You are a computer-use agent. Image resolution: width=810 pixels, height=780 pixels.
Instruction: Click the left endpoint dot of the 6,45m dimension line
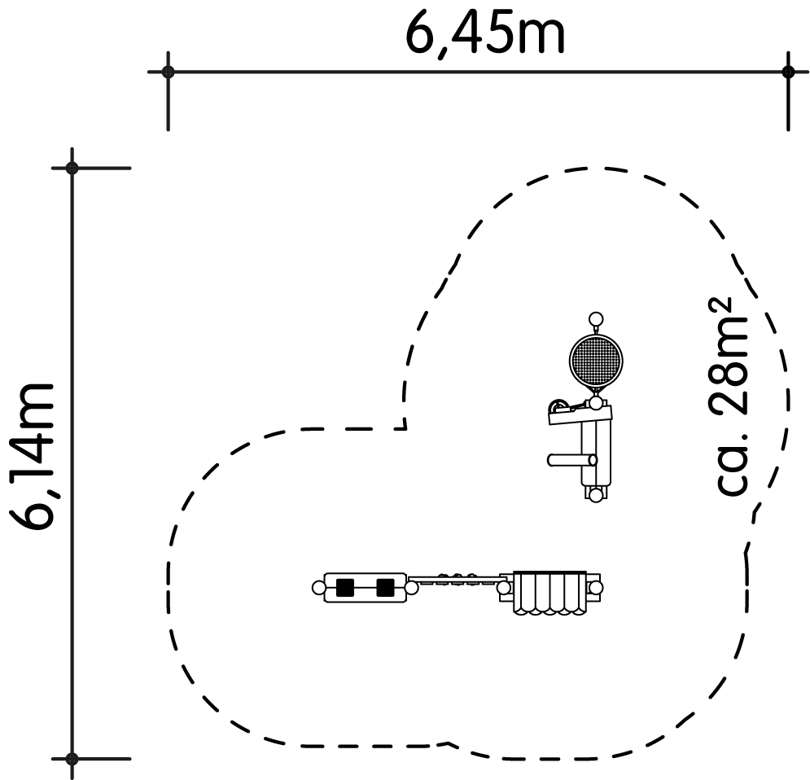tap(168, 72)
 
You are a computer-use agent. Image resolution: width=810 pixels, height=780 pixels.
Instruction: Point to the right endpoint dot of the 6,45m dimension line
tap(788, 72)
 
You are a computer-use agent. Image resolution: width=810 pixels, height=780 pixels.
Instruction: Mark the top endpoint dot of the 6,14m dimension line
tap(72, 168)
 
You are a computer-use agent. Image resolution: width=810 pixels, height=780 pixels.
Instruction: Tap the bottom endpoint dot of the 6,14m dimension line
tap(72, 759)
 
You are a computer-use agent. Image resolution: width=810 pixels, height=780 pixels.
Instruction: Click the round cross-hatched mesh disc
tap(596, 361)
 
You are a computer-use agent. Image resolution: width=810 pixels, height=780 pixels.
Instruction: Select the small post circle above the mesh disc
tap(596, 319)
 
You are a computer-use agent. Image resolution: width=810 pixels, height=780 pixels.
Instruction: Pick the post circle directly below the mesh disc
tap(596, 403)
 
